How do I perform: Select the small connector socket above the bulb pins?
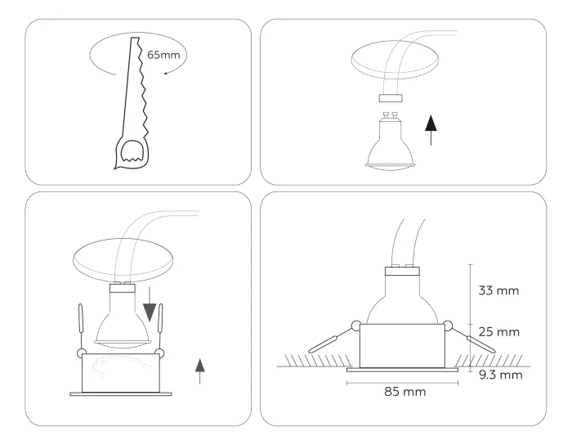[x=390, y=97]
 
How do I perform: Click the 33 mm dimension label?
[x=498, y=290]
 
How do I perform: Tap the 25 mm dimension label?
[x=498, y=333]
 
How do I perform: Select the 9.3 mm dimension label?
[x=500, y=375]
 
